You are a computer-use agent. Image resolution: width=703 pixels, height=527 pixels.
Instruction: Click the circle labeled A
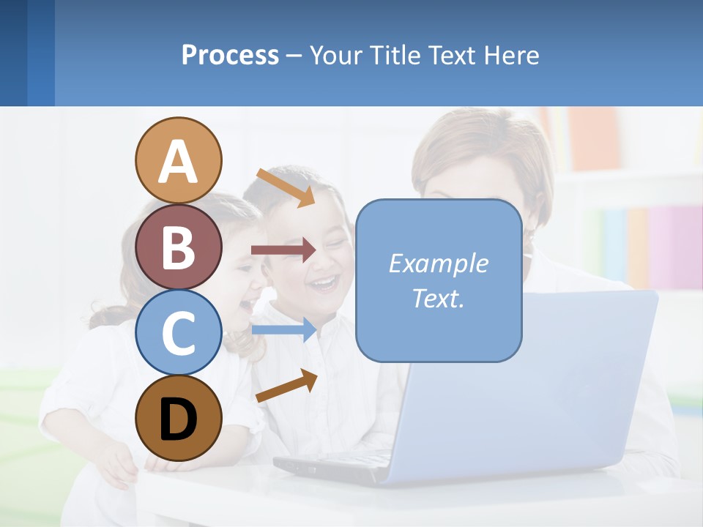[178, 160]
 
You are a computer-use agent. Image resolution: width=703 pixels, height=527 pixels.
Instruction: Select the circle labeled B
[178, 247]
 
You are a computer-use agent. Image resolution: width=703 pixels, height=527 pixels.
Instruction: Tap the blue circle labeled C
[178, 332]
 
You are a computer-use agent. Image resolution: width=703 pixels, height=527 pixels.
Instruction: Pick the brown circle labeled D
[178, 418]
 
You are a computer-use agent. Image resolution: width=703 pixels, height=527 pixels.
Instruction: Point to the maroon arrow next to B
[283, 250]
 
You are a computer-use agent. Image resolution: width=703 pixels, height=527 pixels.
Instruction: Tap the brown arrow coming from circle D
[286, 386]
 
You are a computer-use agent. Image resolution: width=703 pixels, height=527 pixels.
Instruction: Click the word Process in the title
[230, 55]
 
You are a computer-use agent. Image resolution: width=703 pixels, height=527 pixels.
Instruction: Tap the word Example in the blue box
[438, 263]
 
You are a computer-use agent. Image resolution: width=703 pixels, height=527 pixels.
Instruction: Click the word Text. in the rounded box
[438, 298]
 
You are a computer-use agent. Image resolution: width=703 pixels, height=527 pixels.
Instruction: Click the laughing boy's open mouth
[325, 283]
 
